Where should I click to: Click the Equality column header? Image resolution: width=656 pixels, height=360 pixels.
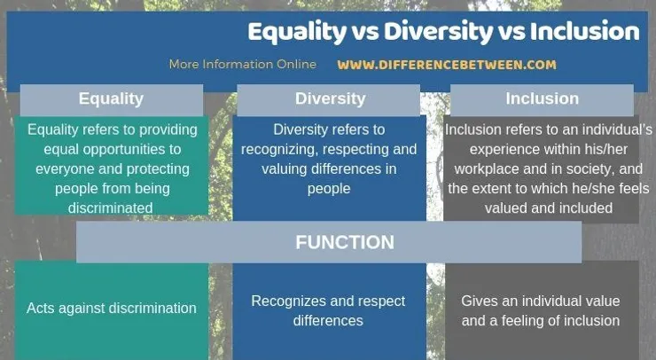112,99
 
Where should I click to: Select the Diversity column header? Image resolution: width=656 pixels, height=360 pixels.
328,99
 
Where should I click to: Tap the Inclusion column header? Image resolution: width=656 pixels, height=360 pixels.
542,99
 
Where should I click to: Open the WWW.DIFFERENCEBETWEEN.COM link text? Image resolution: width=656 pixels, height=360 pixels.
447,65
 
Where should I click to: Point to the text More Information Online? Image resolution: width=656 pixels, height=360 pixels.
243,65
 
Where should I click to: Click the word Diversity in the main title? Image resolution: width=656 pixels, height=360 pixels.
439,32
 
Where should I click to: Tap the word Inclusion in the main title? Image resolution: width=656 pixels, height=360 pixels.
584,31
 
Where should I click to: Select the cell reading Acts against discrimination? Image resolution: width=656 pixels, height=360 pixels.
112,309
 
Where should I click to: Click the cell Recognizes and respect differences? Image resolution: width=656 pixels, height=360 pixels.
329,310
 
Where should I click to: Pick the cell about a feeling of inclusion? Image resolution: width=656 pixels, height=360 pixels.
542,310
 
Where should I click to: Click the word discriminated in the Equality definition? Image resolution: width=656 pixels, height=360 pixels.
111,208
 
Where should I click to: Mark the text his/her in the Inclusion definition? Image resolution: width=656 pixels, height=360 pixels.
606,149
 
